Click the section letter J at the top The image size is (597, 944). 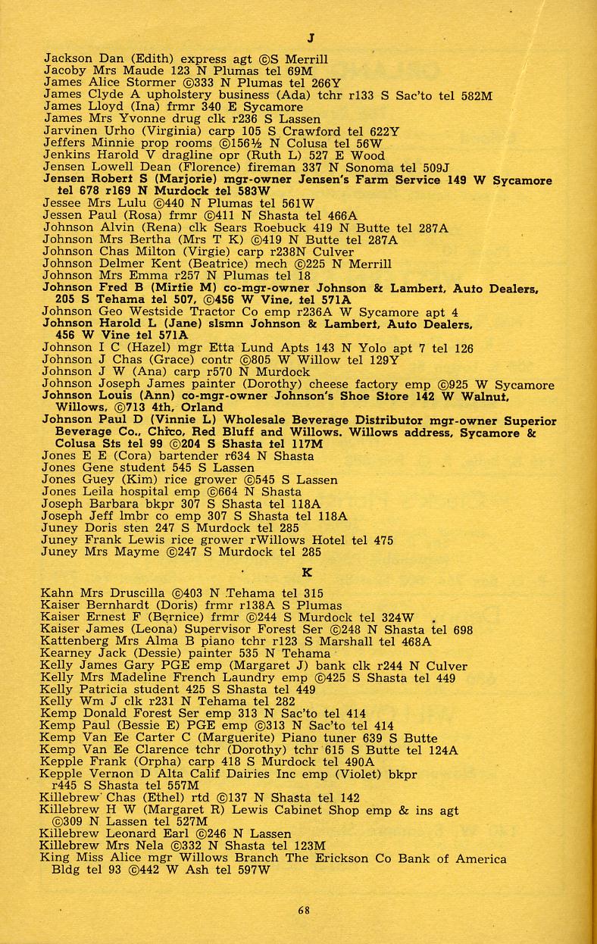coord(311,38)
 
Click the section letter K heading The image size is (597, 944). coord(307,574)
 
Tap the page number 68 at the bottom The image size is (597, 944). coord(303,911)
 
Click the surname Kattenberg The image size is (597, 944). coord(80,642)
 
